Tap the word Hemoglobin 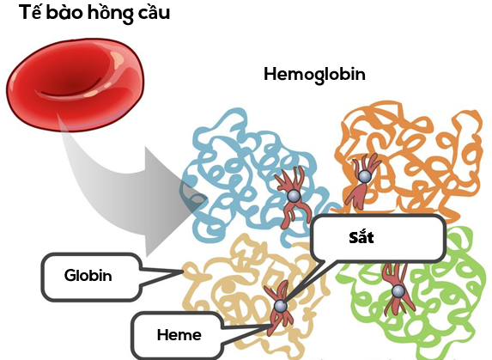[x=314, y=74]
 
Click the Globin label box [x=89, y=276]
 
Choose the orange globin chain [x=412, y=155]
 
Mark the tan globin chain [x=232, y=292]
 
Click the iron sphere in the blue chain [x=293, y=197]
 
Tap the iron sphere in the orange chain [x=364, y=176]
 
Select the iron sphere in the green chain [x=398, y=290]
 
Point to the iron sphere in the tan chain [x=280, y=307]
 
